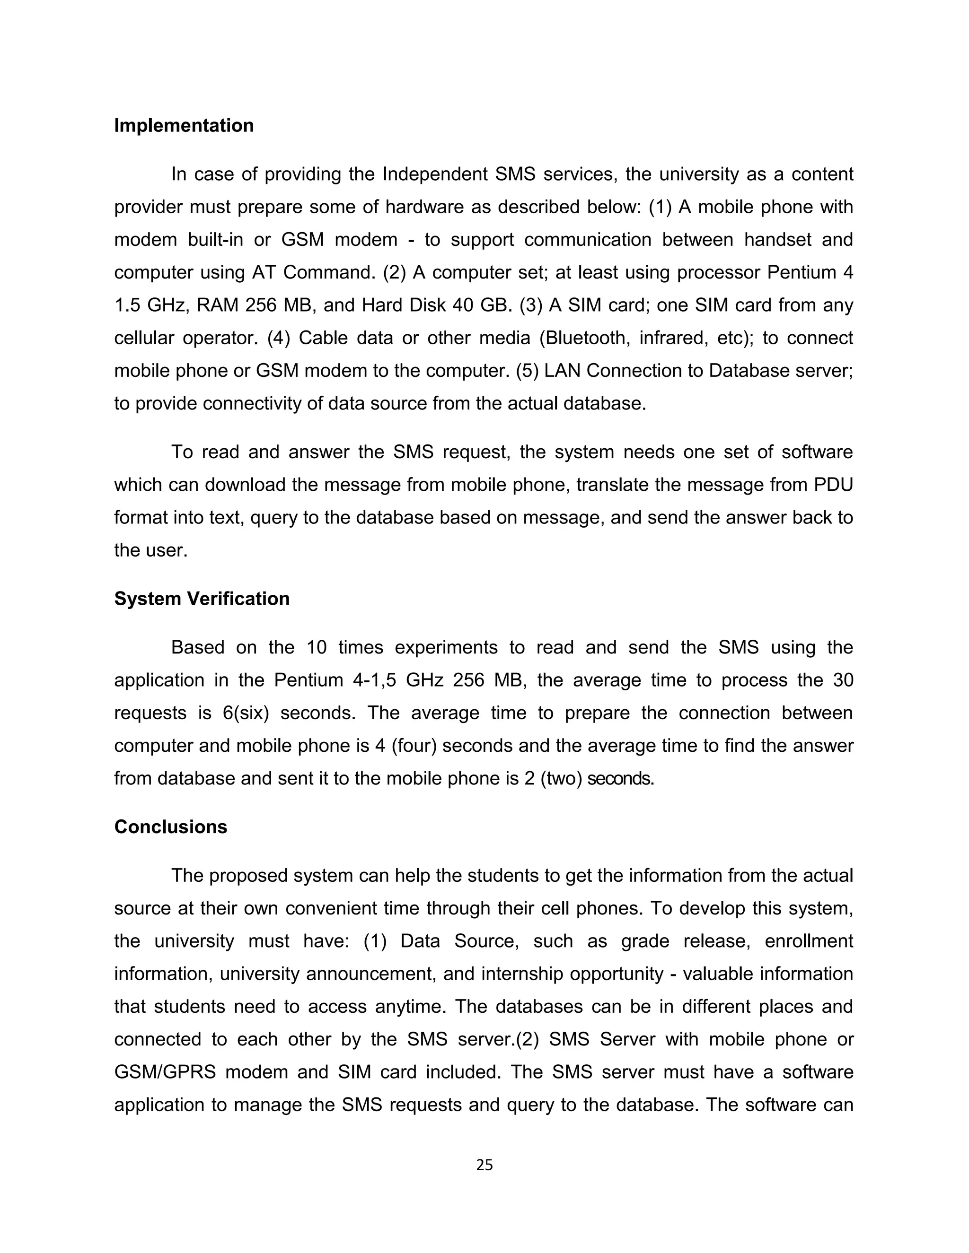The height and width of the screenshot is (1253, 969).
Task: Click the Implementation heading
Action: point(184,126)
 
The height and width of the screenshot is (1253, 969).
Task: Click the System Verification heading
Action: point(202,599)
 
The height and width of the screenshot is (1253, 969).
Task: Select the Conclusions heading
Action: point(170,827)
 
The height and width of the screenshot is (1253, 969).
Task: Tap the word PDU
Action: point(832,485)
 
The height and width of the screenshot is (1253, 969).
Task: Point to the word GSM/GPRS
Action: point(165,1072)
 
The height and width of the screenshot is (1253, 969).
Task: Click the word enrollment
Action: point(809,941)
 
